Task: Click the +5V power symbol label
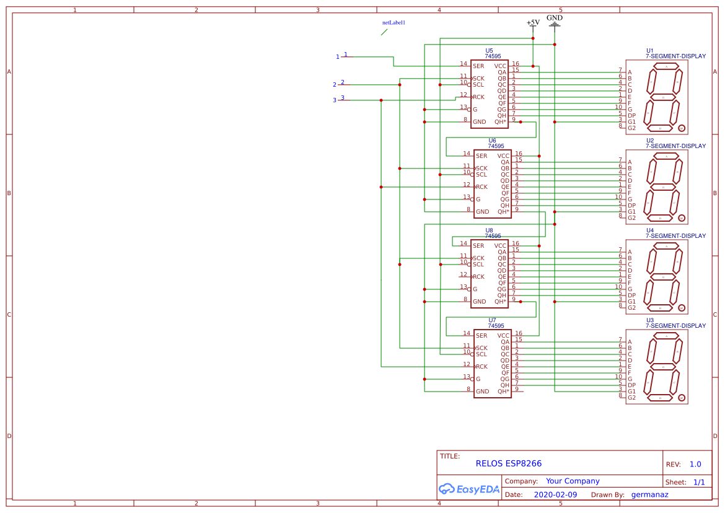pyautogui.click(x=533, y=22)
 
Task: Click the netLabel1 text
pyautogui.click(x=393, y=22)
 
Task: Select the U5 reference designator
pyautogui.click(x=489, y=51)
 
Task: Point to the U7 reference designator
pyautogui.click(x=492, y=320)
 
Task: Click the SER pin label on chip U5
pyautogui.click(x=478, y=66)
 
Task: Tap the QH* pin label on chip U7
pyautogui.click(x=503, y=392)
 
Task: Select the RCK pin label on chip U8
pyautogui.click(x=478, y=277)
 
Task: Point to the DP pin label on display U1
pyautogui.click(x=631, y=116)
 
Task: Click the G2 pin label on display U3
pyautogui.click(x=631, y=398)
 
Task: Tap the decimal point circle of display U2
pyautogui.click(x=681, y=218)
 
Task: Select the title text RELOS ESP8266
pyautogui.click(x=508, y=463)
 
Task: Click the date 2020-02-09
pyautogui.click(x=555, y=495)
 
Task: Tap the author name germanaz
pyautogui.click(x=649, y=495)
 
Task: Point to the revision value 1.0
pyautogui.click(x=695, y=465)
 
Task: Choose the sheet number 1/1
pyautogui.click(x=699, y=482)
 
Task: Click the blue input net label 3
pyautogui.click(x=335, y=100)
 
